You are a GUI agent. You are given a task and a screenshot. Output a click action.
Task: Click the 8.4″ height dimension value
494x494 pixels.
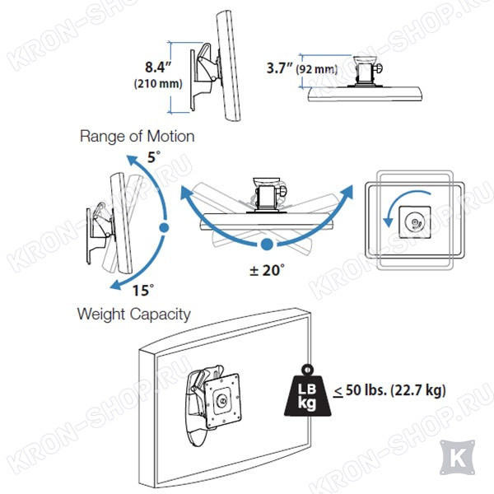(x=158, y=68)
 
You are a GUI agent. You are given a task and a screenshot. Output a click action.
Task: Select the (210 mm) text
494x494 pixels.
(x=158, y=84)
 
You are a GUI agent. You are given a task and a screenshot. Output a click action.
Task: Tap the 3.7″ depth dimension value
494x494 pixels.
(x=280, y=68)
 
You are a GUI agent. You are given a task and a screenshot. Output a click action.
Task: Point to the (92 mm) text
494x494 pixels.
(x=317, y=69)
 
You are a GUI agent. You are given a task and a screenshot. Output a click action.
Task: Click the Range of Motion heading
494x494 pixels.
(x=137, y=136)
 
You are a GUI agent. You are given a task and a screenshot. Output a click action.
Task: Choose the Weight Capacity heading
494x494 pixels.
(x=134, y=315)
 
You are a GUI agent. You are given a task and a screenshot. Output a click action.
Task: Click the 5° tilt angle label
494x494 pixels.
(x=154, y=157)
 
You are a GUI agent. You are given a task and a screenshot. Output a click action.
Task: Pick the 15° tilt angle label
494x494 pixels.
(x=143, y=290)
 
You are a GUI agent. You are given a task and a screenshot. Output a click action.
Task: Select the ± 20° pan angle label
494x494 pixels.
(x=267, y=270)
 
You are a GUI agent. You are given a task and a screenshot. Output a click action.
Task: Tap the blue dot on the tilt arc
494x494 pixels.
(x=164, y=227)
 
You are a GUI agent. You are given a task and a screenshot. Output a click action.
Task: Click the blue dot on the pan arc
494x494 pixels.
(x=267, y=245)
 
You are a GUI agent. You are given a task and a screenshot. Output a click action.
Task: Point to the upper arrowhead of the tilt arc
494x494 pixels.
(x=133, y=161)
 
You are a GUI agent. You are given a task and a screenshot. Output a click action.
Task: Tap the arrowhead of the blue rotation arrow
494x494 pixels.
(x=388, y=221)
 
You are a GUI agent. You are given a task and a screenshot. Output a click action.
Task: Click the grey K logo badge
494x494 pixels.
(x=458, y=458)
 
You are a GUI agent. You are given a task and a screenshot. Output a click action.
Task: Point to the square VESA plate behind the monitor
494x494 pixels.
(x=222, y=400)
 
